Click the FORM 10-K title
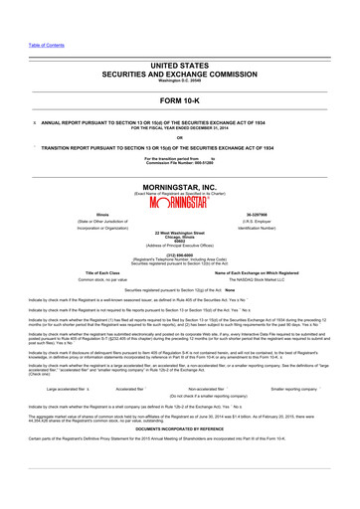coord(179,100)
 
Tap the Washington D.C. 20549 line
coord(179,81)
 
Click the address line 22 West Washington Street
coord(179,233)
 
